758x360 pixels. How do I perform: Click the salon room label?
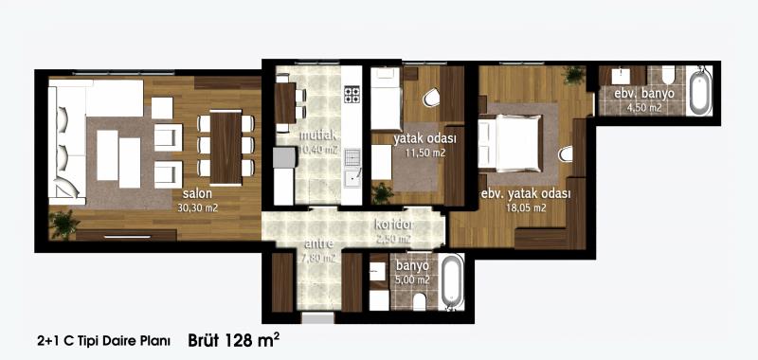(197, 194)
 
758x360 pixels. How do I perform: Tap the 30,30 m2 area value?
(198, 208)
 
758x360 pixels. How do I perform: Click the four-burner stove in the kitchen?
(352, 94)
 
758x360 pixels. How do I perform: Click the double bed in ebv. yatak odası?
(511, 143)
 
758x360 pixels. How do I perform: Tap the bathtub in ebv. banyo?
(700, 92)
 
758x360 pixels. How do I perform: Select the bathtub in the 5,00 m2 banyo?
(452, 281)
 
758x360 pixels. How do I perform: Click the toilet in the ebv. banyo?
(668, 75)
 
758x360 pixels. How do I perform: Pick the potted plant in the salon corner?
(64, 225)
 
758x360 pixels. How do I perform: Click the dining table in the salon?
(226, 148)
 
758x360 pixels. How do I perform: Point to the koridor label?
(395, 225)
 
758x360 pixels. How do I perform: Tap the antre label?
(318, 244)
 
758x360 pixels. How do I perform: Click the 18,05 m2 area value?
(527, 208)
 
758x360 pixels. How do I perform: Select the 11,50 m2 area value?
(425, 153)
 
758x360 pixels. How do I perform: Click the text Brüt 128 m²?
(233, 340)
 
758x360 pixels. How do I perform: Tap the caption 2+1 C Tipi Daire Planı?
(103, 341)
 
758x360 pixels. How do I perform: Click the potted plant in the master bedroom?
(574, 75)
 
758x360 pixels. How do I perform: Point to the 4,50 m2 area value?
(644, 108)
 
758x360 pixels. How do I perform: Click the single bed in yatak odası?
(386, 99)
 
